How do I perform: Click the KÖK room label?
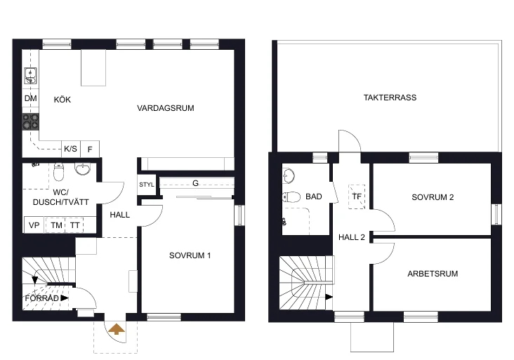click(x=62, y=100)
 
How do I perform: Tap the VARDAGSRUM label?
click(x=166, y=108)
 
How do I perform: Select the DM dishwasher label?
click(x=30, y=98)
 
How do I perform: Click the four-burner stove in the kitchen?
click(x=30, y=121)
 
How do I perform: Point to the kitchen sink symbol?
click(x=30, y=76)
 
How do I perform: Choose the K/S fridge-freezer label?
click(x=70, y=149)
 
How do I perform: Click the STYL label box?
click(x=147, y=185)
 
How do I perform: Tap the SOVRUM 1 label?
click(x=190, y=255)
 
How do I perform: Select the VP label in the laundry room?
click(x=34, y=225)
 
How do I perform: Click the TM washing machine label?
click(x=57, y=225)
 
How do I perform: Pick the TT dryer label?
click(x=75, y=225)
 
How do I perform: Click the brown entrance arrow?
click(x=117, y=329)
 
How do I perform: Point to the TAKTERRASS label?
click(x=390, y=98)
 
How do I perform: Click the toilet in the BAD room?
click(x=291, y=197)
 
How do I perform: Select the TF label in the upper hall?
click(x=357, y=196)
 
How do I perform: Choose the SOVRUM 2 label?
click(x=433, y=197)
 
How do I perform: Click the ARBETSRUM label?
click(x=433, y=274)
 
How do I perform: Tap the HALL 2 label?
click(x=352, y=237)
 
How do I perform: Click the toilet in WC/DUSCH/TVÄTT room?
click(x=59, y=172)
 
